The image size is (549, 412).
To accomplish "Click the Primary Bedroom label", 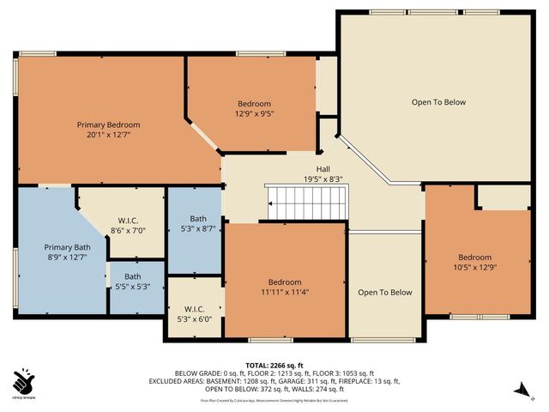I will pos(108,124).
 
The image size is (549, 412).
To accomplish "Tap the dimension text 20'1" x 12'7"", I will pos(108,135).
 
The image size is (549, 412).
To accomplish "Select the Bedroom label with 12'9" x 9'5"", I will pos(254,104).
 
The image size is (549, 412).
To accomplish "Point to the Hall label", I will pos(323,169).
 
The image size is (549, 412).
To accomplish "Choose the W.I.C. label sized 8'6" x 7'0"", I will pos(129,220).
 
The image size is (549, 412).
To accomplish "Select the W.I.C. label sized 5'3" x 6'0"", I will pos(194,308).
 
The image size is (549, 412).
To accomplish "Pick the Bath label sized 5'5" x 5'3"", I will pos(132,276).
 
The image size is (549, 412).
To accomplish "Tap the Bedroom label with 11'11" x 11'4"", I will pos(284,282).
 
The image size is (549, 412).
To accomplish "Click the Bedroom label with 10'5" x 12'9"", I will pos(474,257).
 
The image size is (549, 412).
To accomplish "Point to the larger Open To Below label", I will pos(438,102).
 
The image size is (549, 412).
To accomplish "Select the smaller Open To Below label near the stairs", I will pos(385,293).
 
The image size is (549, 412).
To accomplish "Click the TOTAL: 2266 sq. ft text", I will pos(276,365).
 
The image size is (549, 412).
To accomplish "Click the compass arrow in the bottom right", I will pos(518,390).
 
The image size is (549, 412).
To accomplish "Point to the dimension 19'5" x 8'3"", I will pos(323,179).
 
